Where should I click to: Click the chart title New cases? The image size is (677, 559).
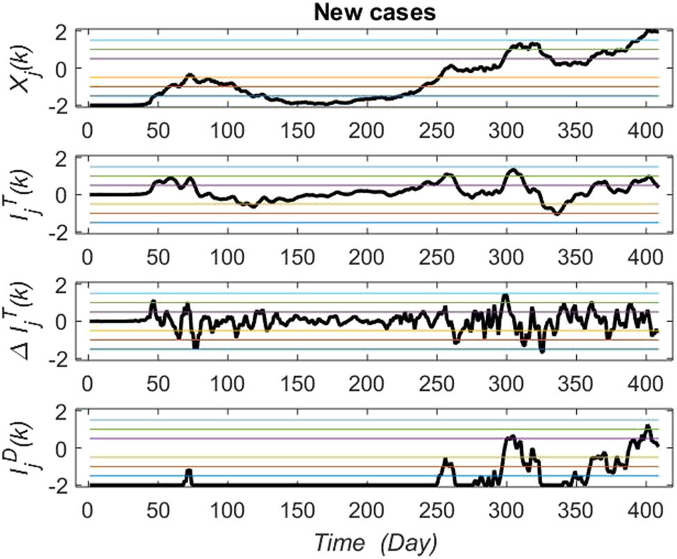(x=374, y=12)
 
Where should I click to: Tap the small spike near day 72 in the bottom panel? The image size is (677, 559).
(x=189, y=471)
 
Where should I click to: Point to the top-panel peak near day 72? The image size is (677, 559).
(x=189, y=75)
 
